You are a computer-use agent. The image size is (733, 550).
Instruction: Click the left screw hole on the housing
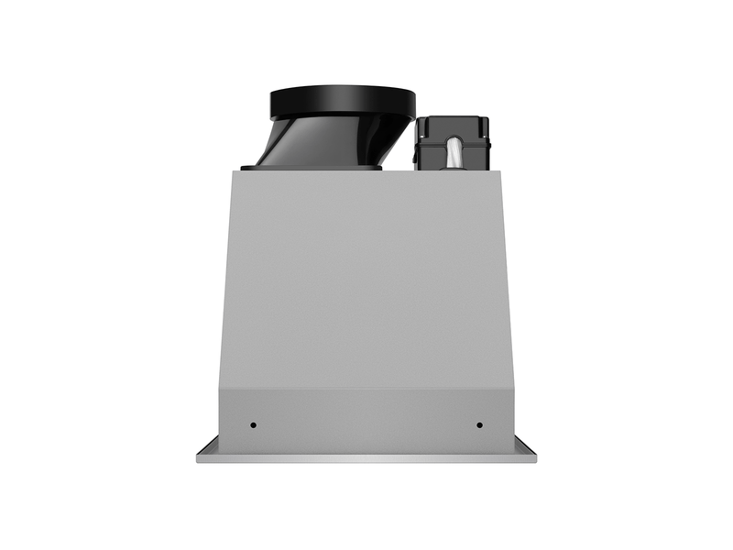254,426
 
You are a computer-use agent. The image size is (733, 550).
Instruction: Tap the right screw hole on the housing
479,425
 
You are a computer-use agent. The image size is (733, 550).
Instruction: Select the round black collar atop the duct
343,101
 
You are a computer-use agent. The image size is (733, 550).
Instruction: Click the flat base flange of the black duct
312,168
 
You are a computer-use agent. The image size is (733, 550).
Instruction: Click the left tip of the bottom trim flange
198,457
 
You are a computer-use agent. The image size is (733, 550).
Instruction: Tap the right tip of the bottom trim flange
535,457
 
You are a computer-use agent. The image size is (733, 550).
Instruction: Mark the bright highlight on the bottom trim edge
366,456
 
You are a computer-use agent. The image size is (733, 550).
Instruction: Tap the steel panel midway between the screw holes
366,426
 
